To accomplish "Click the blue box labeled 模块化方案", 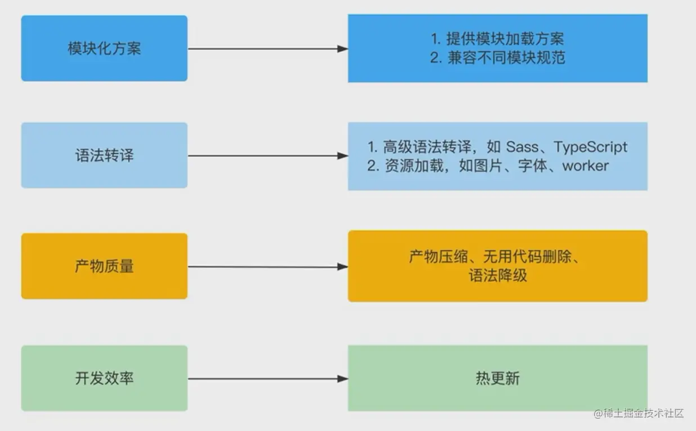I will tap(104, 48).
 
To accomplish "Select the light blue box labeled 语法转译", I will tap(104, 155).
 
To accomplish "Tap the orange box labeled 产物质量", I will tap(104, 266).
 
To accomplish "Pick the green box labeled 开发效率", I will tap(104, 378).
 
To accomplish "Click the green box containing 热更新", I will tap(497, 378).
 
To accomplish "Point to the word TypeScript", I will tap(590, 147).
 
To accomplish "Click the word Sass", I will tap(523, 147).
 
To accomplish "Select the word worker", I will tap(585, 166).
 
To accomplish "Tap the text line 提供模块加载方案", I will tap(505, 38).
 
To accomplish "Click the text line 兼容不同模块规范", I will tap(505, 57).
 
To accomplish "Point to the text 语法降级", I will tap(497, 276).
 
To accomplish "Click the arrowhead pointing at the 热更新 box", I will tap(342, 379).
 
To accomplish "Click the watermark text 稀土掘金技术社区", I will tap(643, 414).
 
